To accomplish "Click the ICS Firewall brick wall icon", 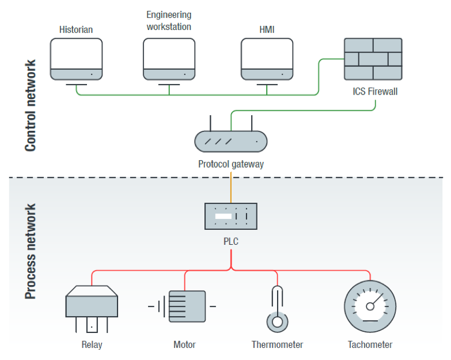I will [373, 59].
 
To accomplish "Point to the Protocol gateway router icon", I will [230, 141].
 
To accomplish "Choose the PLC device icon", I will [230, 216].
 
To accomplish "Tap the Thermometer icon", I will [278, 308].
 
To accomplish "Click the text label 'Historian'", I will [76, 29].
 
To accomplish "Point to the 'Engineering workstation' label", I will [169, 20].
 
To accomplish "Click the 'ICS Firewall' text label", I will [375, 92].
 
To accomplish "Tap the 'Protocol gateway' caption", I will [231, 164].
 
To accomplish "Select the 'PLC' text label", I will [231, 242].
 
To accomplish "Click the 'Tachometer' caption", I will [370, 345].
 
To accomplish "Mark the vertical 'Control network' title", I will [31, 105].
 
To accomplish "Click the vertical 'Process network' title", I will [31, 252].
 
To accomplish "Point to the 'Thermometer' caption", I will [277, 345].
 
